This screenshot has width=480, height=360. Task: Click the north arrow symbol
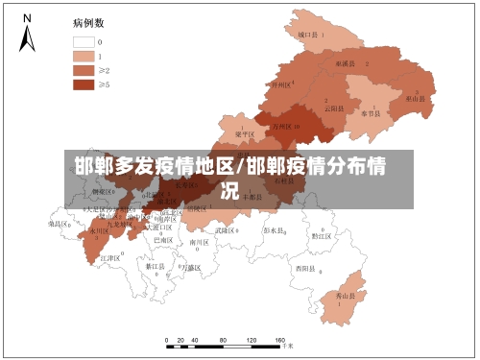click(x=28, y=33)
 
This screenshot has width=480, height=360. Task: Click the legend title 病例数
click(x=87, y=21)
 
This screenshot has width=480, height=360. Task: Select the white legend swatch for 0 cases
click(x=83, y=42)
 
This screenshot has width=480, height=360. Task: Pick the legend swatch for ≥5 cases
click(x=83, y=84)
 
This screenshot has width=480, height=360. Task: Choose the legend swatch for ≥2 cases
click(x=83, y=70)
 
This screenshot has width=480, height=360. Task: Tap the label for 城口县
click(x=308, y=34)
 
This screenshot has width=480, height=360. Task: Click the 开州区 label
click(x=281, y=84)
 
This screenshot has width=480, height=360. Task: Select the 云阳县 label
click(x=333, y=108)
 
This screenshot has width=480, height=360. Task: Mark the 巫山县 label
click(x=416, y=98)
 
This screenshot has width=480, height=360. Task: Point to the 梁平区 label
click(x=246, y=134)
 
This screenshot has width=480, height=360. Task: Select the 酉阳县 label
click(x=305, y=268)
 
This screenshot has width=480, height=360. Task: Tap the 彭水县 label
click(x=275, y=230)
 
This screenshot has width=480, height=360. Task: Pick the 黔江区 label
click(x=321, y=234)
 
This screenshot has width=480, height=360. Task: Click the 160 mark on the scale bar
click(x=280, y=341)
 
